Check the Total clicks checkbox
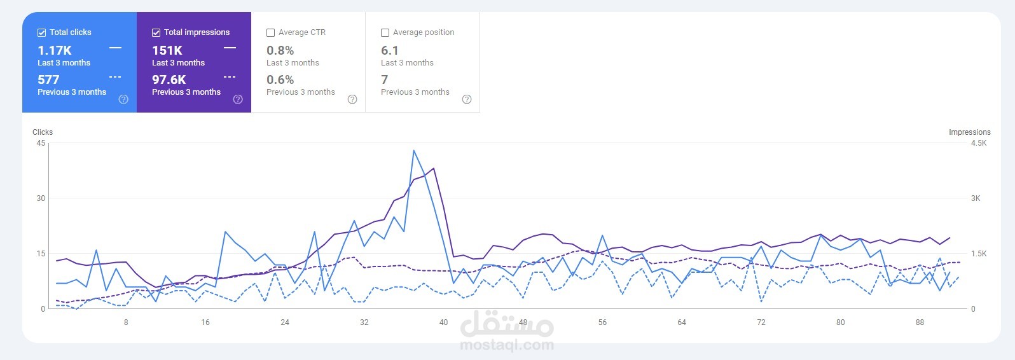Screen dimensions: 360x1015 point(42,32)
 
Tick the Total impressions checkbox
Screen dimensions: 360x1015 point(156,32)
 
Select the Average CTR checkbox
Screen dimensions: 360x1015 point(271,32)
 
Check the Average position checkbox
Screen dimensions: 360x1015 point(385,32)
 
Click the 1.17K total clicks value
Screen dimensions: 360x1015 point(55,50)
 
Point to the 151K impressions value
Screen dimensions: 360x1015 point(167,50)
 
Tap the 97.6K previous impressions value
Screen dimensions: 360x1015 point(169,80)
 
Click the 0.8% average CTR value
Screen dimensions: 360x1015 point(280,50)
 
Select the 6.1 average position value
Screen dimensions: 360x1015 point(390,50)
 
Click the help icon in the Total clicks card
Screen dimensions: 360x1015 point(123,99)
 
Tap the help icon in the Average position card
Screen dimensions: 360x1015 point(467,99)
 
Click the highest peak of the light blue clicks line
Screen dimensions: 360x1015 point(414,151)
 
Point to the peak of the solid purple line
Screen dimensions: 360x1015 point(434,169)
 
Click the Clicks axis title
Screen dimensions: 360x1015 point(43,132)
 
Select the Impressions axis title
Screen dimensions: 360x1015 point(969,132)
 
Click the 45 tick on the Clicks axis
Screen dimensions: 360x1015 point(41,143)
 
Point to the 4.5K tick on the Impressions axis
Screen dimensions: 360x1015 point(979,143)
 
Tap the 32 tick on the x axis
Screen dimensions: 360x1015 point(364,322)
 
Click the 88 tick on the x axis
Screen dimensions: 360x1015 point(920,322)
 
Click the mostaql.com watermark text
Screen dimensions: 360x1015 point(507,345)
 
